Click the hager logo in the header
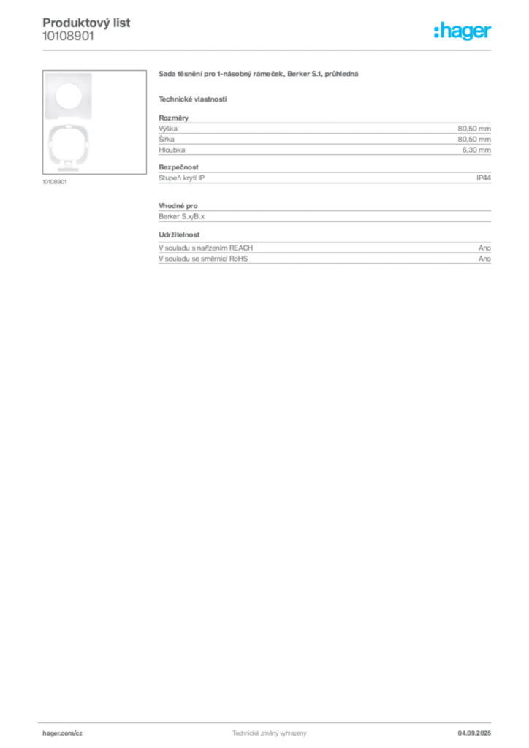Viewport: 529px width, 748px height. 462,31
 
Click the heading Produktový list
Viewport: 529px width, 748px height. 86,23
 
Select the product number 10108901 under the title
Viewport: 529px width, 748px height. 68,37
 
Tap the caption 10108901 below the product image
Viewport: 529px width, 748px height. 55,182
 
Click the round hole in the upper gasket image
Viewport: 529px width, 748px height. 69,96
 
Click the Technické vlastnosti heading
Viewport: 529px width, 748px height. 193,99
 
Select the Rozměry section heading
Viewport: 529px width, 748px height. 174,118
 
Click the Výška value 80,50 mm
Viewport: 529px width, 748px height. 474,129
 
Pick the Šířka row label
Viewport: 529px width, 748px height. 167,140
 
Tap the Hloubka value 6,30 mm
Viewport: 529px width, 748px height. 476,150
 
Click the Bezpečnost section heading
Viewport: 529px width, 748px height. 178,167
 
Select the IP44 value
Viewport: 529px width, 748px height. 484,178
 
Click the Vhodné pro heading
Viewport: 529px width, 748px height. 178,206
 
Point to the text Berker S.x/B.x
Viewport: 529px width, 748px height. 182,216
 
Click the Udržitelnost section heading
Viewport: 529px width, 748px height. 179,234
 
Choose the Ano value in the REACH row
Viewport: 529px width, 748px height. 484,248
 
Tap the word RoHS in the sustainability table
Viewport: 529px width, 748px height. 238,259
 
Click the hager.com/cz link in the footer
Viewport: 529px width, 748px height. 63,733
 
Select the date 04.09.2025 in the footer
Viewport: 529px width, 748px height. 474,733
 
